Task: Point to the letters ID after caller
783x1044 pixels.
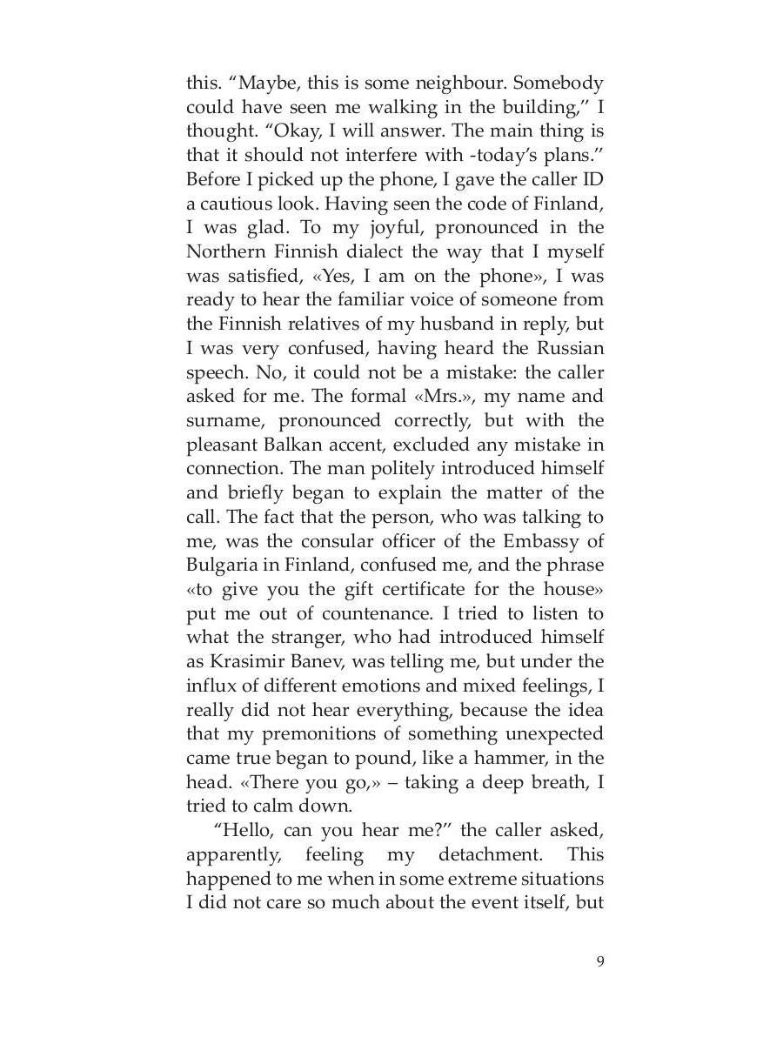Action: (x=593, y=180)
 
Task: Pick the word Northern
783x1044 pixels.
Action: (x=223, y=252)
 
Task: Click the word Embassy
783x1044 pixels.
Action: (x=543, y=540)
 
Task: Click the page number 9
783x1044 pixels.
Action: (x=599, y=960)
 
